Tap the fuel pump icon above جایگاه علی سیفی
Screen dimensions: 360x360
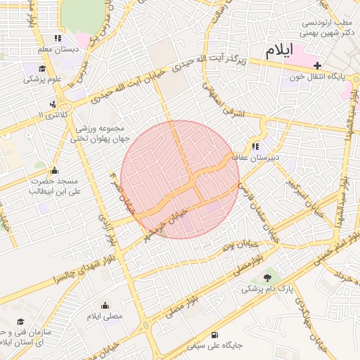click(214, 334)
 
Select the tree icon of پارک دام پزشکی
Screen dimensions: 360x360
click(266, 278)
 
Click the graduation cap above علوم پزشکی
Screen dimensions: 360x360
click(43, 68)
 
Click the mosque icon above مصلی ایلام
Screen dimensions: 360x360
click(105, 305)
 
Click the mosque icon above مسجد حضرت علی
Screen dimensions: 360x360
click(54, 170)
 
